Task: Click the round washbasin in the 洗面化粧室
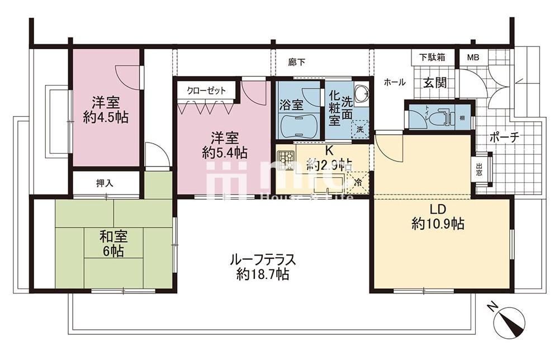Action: (361, 93)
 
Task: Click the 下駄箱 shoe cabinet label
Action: (433, 57)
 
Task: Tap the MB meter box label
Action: (473, 57)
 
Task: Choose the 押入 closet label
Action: (105, 183)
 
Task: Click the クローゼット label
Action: (206, 90)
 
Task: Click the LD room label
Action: (438, 210)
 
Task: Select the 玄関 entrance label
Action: (434, 83)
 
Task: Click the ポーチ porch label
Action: (505, 136)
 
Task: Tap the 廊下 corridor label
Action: (297, 63)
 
